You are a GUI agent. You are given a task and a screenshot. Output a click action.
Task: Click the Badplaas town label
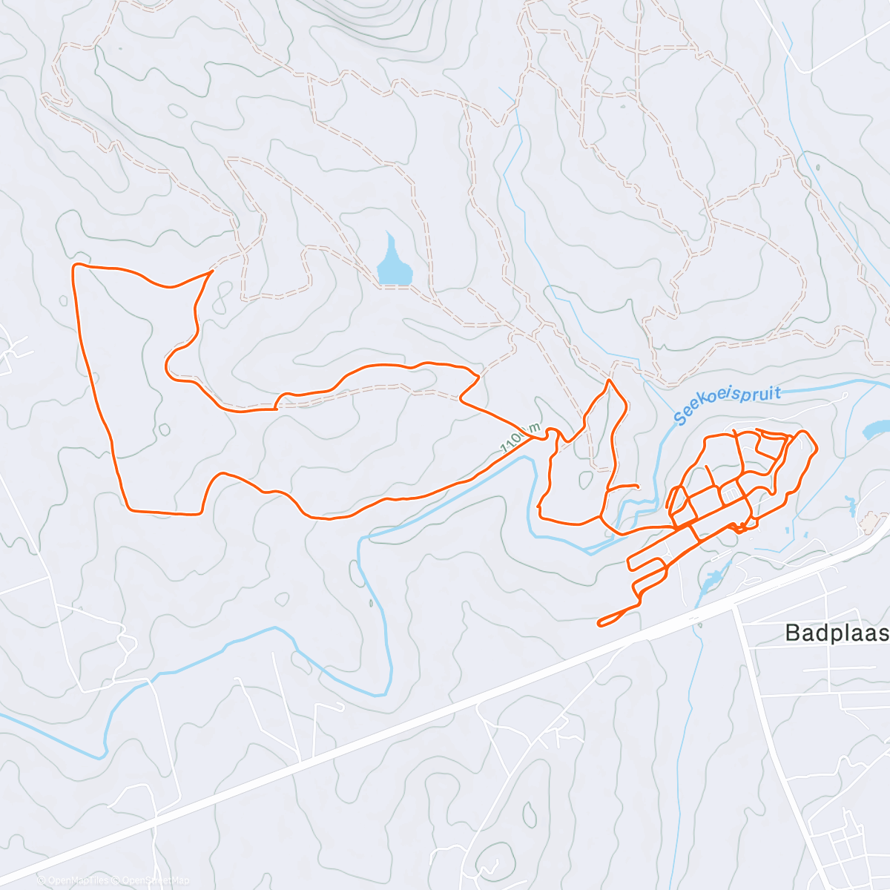[837, 633]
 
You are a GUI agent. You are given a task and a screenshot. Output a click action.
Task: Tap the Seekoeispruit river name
[728, 403]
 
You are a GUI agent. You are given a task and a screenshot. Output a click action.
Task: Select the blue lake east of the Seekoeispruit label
[876, 429]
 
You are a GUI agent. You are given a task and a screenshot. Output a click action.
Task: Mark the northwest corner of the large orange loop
[73, 266]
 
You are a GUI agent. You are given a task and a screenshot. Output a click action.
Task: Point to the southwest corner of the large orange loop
[128, 510]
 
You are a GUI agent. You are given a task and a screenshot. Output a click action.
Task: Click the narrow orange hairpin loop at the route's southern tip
[601, 622]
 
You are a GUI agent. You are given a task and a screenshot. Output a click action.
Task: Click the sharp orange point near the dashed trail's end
[212, 271]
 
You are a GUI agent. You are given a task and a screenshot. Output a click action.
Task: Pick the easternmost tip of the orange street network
[817, 448]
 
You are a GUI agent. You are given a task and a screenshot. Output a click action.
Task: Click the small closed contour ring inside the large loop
[164, 429]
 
